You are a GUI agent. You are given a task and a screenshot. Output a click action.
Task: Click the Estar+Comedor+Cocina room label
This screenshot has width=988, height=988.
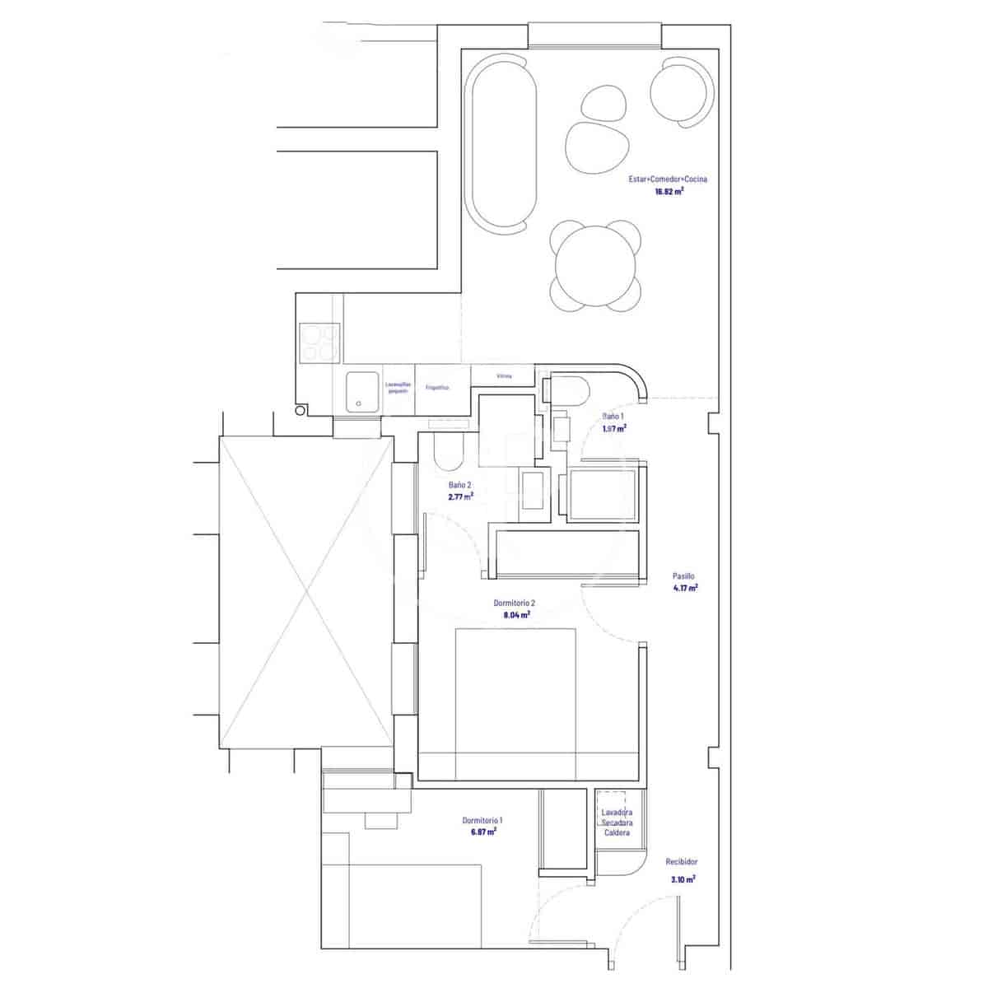coord(669,179)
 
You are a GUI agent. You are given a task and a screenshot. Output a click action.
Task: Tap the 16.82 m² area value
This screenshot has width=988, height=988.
coord(669,191)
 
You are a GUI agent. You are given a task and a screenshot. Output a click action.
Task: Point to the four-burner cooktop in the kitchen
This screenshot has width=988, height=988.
coord(319,342)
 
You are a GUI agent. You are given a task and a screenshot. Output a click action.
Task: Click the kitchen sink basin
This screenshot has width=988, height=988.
coord(361,391)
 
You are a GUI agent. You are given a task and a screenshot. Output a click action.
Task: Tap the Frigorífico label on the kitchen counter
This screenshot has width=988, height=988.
coord(436,387)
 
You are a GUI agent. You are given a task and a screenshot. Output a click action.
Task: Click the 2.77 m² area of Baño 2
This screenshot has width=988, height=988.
coord(460,497)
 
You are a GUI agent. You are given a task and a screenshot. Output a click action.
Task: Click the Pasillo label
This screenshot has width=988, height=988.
coord(683,576)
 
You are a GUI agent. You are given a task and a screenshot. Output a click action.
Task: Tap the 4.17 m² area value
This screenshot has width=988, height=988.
coord(683,588)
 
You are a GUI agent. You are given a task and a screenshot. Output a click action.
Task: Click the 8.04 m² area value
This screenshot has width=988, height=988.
coord(515,614)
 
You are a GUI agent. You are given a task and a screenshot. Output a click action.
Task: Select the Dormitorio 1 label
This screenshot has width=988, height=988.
coord(482,821)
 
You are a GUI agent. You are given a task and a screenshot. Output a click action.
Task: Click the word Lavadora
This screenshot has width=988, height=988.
coord(617,813)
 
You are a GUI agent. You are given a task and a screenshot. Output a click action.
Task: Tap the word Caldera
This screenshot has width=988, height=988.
coord(617,833)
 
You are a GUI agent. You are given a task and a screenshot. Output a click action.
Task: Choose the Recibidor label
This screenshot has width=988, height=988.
coord(682,862)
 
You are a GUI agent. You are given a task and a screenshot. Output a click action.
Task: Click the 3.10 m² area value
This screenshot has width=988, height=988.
coord(683,879)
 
